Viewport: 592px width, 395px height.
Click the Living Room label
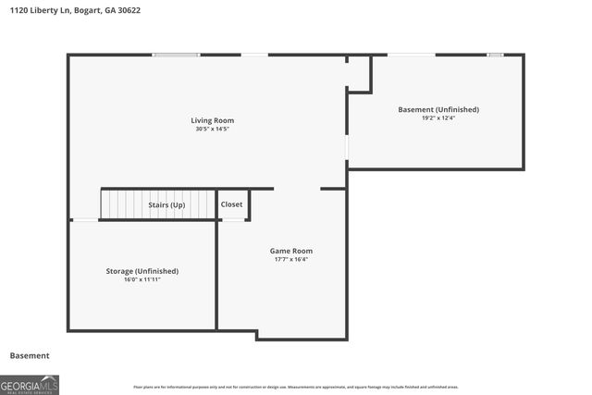tap(212, 120)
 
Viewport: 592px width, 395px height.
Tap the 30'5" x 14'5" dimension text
tap(212, 129)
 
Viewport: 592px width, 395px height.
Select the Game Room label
tap(290, 251)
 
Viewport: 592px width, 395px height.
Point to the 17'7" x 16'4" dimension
tap(290, 259)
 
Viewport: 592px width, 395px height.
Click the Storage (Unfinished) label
tap(142, 271)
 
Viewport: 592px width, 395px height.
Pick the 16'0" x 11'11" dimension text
tap(142, 279)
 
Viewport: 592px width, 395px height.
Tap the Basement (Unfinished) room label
tap(438, 109)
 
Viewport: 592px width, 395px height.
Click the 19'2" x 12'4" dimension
tap(438, 117)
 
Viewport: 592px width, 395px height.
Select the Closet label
tap(231, 204)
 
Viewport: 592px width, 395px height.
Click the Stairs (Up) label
tap(166, 204)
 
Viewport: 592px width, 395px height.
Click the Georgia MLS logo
tap(30, 384)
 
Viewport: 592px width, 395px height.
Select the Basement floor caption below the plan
tap(30, 355)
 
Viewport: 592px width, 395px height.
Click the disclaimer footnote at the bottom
tap(295, 387)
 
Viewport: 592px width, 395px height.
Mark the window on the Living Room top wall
tap(177, 55)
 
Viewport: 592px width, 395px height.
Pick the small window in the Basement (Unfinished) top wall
tap(496, 55)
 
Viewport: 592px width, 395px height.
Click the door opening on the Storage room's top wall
tap(85, 219)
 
